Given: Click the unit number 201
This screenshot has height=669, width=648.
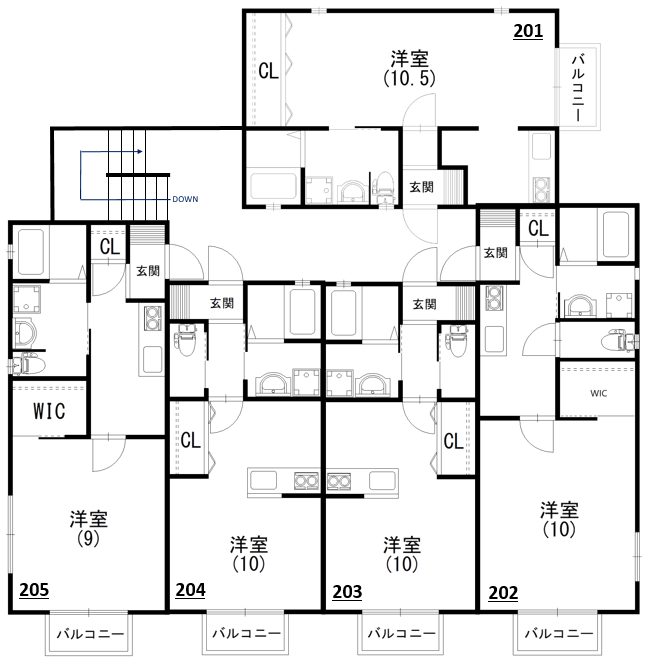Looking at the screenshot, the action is point(528,31).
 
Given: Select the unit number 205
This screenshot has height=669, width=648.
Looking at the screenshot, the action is point(34,590).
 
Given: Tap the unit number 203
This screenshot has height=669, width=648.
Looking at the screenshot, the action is point(347,592).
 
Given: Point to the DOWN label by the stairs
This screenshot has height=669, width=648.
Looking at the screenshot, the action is point(185,199).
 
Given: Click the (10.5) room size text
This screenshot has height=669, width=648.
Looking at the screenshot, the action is point(409,78).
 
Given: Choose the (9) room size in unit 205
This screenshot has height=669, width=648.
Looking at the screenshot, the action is point(88,539).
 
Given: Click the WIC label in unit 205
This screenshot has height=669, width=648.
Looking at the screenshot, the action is point(49,411).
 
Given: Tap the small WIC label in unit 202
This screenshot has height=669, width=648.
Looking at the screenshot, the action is point(598,393).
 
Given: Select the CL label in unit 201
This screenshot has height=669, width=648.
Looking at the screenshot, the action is point(268,71).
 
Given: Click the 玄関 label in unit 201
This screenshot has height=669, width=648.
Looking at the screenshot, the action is point(421,187).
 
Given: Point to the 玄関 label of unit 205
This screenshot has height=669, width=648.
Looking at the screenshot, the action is point(148,271).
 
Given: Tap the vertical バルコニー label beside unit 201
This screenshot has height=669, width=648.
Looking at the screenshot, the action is point(578,88).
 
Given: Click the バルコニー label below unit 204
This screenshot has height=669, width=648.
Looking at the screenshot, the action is point(247,633).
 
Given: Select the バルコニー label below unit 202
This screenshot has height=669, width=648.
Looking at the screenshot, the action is point(559,633).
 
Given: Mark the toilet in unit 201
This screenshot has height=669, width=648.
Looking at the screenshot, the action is point(384,187).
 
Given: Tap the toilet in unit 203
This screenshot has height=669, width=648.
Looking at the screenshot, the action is point(456,339).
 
